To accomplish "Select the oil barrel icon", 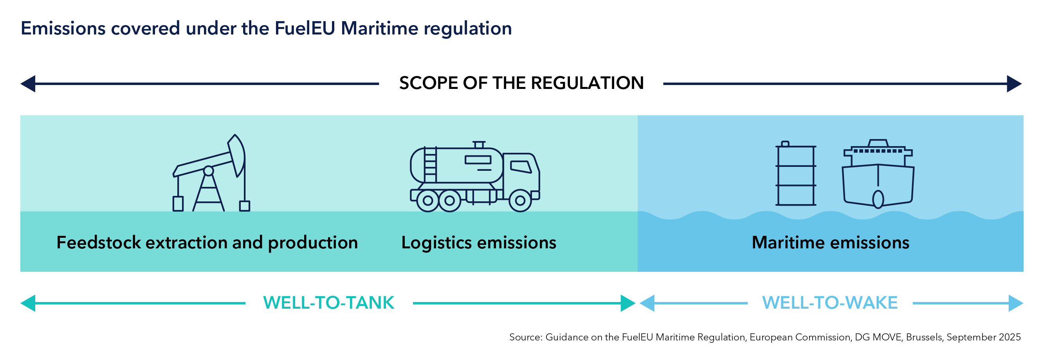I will point(795,174).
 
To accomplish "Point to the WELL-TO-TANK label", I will point(329,303).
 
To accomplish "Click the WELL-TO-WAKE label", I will point(829,303).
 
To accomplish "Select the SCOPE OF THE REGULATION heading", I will point(521,83).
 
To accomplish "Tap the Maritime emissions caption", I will point(830,242).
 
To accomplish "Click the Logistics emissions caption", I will point(479,242).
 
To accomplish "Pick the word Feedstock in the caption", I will point(99,242).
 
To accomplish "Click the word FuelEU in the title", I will point(305,28).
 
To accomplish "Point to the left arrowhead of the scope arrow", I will point(28,84).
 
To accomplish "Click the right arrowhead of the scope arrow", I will point(1014,84).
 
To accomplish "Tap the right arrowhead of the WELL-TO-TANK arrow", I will point(627,303).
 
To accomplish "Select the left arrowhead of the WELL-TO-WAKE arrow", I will point(647,303).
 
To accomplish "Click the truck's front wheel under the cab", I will point(520,200).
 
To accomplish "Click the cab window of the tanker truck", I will point(520,166).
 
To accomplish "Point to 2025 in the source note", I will point(1010,337).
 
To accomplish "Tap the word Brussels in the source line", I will point(925,337).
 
